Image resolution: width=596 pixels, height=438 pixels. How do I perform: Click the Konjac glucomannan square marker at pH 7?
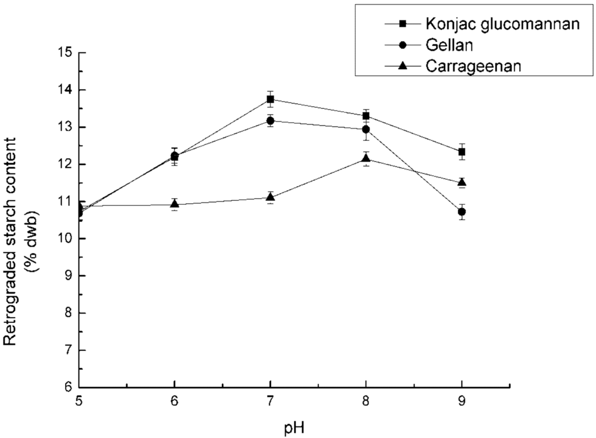point(270,99)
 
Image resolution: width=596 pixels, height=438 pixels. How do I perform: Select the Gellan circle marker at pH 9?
point(462,212)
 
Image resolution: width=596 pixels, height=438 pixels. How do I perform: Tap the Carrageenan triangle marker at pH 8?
point(366,158)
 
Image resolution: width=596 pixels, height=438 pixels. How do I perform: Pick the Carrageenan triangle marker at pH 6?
point(175,204)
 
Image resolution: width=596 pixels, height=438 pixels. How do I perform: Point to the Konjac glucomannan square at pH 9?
point(462,152)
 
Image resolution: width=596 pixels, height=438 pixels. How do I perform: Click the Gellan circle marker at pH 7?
point(270,120)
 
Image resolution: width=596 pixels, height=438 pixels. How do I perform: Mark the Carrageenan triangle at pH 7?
point(270,197)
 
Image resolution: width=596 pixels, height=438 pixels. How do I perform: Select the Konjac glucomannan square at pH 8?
point(366,116)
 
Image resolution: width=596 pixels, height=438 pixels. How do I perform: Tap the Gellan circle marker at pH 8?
point(366,129)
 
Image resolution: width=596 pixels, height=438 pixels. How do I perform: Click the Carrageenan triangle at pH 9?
point(462,182)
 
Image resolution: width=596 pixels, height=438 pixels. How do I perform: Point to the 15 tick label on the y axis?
point(64,53)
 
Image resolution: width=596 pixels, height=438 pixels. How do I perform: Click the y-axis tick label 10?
point(64,239)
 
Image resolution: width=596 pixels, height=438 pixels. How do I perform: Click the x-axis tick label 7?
point(270,402)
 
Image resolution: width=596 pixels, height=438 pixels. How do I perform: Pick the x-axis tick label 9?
point(462,402)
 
